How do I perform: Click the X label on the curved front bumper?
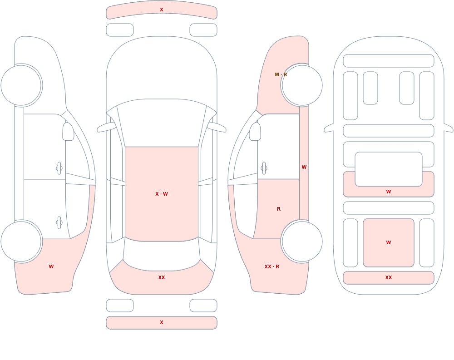162,10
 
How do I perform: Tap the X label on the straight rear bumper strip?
162,322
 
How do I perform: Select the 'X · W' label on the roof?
162,194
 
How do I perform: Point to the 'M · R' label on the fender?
281,74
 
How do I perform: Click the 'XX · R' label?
272,266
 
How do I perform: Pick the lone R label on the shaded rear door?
279,209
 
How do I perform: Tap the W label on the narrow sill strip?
304,167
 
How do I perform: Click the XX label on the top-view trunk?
162,277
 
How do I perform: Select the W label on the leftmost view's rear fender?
51,266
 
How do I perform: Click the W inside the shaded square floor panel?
389,242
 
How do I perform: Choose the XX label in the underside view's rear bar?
389,277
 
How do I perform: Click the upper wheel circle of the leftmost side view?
21,85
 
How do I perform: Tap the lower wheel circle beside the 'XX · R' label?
302,241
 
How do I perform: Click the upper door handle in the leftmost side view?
59,168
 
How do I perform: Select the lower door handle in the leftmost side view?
59,223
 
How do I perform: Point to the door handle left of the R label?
264,168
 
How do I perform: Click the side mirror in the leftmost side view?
68,132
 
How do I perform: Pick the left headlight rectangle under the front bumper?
120,30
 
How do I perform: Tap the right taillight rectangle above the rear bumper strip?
203,306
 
